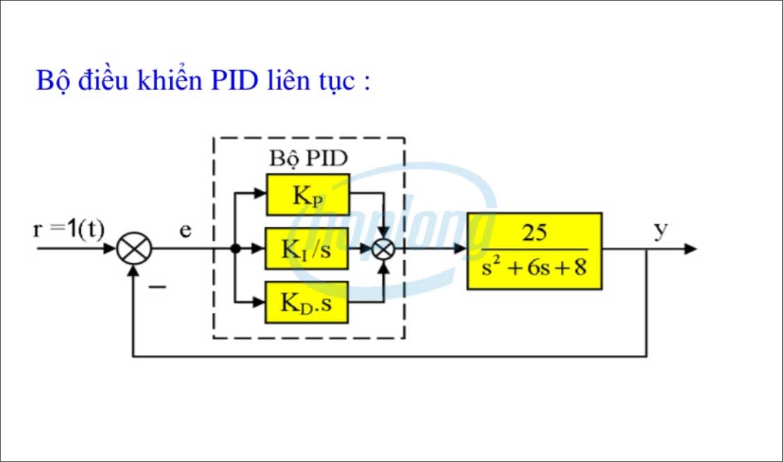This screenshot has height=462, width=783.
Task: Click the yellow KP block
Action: pyautogui.click(x=307, y=194)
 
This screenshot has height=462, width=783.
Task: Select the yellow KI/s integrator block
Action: pyautogui.click(x=307, y=249)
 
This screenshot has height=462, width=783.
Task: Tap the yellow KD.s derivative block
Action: pyautogui.click(x=307, y=302)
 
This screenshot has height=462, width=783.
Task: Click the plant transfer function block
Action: pyautogui.click(x=534, y=250)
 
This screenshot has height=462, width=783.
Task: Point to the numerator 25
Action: pyautogui.click(x=534, y=234)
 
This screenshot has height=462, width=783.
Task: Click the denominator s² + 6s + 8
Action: pyautogui.click(x=534, y=266)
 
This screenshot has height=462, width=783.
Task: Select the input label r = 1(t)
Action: pyautogui.click(x=68, y=229)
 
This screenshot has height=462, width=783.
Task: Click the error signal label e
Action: pyautogui.click(x=185, y=230)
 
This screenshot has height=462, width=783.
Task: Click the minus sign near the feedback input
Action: pyautogui.click(x=158, y=285)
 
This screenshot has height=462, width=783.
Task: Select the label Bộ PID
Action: pyautogui.click(x=308, y=157)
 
